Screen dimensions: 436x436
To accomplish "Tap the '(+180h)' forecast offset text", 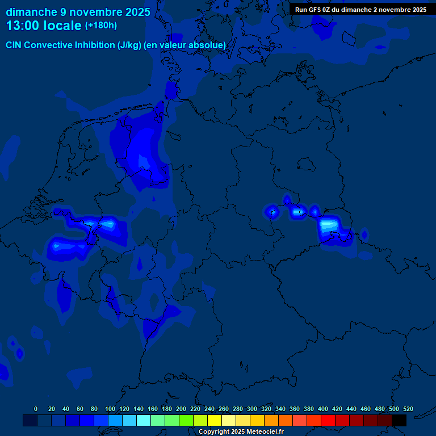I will click(x=101, y=26).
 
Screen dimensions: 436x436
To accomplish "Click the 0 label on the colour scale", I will click(x=36, y=409).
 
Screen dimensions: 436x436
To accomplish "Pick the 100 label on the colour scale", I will click(x=110, y=409).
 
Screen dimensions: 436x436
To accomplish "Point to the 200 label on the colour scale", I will click(x=181, y=409).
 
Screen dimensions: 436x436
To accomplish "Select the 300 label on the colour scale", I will click(x=252, y=409).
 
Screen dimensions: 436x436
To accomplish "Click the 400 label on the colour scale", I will click(x=323, y=409).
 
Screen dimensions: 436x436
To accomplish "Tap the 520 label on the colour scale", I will click(x=408, y=409).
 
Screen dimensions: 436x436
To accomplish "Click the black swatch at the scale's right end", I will click(x=399, y=420).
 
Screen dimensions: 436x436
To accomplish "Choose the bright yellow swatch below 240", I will click(x=215, y=420).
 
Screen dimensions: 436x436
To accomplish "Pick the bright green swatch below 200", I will click(x=186, y=420).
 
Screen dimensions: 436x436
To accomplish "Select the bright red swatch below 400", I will click(x=328, y=420).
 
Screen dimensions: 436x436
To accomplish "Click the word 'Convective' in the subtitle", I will click(x=50, y=45).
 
